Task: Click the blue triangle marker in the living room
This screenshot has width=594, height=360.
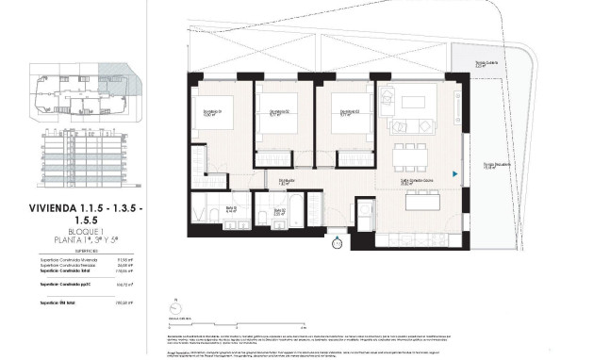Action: tap(454, 173)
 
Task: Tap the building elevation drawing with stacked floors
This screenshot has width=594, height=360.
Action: tap(84, 157)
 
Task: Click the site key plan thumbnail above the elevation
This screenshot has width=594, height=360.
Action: tap(84, 90)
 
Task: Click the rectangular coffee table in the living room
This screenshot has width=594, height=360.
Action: tap(408, 123)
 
